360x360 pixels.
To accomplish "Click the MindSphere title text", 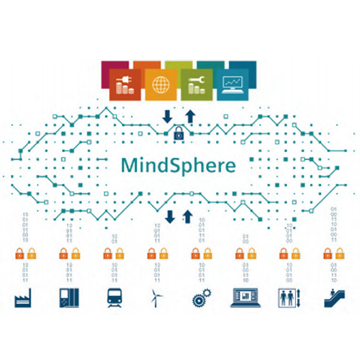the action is pyautogui.click(x=179, y=166).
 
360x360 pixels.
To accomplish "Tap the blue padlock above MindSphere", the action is pyautogui.click(x=179, y=133).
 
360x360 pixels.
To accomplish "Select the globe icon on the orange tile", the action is pyautogui.click(x=161, y=85).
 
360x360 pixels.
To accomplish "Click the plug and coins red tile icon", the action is pyautogui.click(x=125, y=85).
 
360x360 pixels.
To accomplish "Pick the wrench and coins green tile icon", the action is pyautogui.click(x=197, y=85).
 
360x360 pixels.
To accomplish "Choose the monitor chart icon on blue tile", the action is pyautogui.click(x=233, y=85).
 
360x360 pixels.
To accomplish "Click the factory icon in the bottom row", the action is pyautogui.click(x=23, y=298).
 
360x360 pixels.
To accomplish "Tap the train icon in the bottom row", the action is pyautogui.click(x=114, y=298).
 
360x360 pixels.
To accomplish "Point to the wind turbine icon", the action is pyautogui.click(x=156, y=298).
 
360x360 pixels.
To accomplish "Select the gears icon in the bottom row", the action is pyautogui.click(x=202, y=298).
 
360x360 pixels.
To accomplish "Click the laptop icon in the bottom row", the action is pyautogui.click(x=246, y=298).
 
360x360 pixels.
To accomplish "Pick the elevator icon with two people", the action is pyautogui.click(x=289, y=298).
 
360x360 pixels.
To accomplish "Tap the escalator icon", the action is pyautogui.click(x=334, y=298).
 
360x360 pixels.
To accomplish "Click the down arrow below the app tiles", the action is pyautogui.click(x=167, y=117).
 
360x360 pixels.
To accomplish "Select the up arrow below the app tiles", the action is pyautogui.click(x=190, y=117).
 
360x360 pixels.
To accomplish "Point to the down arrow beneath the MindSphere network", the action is pyautogui.click(x=170, y=217).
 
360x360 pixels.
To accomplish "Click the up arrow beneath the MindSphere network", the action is pyautogui.click(x=188, y=217).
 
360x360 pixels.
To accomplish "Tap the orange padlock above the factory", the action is pyautogui.click(x=19, y=253).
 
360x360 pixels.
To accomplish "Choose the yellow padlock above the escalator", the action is pyautogui.click(x=340, y=253).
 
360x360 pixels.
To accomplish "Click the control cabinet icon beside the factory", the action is pyautogui.click(x=69, y=298).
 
